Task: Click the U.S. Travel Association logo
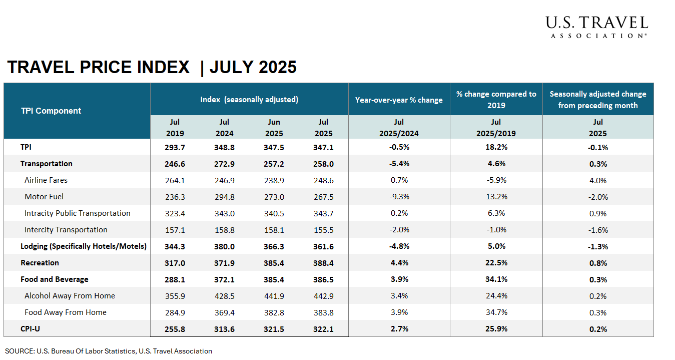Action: [596, 27]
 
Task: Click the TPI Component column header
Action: [51, 111]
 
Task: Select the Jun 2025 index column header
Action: [274, 128]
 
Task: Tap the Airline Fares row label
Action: [46, 180]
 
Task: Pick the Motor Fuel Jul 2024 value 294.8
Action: [224, 197]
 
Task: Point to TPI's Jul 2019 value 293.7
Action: [175, 147]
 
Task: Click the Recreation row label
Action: [40, 263]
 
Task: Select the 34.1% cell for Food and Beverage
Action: [496, 279]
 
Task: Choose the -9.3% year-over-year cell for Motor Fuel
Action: [399, 197]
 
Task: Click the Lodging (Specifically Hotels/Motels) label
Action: [84, 246]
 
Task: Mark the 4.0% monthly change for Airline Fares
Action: [597, 180]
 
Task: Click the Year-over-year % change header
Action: [399, 100]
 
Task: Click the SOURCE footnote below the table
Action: [109, 351]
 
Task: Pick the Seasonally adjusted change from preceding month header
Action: [597, 100]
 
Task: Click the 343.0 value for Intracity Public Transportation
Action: [224, 213]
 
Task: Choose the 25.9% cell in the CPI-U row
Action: [496, 329]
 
